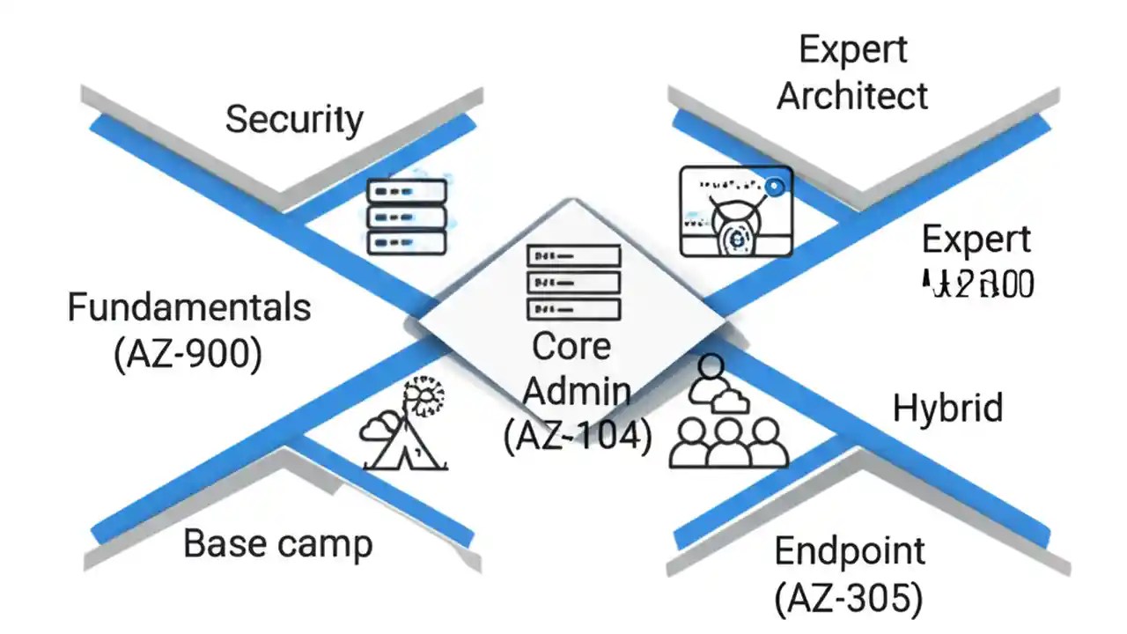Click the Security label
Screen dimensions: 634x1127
pos(294,120)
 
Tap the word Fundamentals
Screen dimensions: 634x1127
pos(189,308)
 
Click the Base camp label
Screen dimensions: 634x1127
pos(277,544)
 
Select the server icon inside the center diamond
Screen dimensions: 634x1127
pos(573,283)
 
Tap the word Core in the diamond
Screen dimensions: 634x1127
pos(571,347)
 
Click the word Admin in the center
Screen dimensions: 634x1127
pos(577,391)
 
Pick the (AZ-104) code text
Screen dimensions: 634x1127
pos(578,436)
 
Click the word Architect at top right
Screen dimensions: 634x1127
pos(852,96)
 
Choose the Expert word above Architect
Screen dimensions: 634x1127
pos(852,50)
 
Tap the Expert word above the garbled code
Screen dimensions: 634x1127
pos(976,240)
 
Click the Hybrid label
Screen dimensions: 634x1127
pos(947,409)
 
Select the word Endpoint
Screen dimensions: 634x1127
pos(850,552)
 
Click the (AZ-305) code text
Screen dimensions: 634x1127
pos(850,599)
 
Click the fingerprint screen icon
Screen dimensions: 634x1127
pos(736,211)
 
